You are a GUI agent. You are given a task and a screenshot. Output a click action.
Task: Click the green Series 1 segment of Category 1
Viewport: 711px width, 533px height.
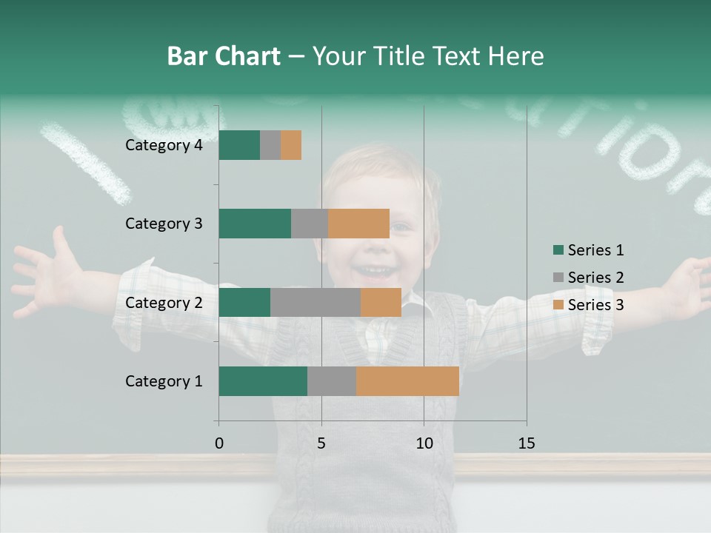coord(263,381)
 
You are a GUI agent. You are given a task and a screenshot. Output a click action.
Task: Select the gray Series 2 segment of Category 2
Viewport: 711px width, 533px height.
coord(316,302)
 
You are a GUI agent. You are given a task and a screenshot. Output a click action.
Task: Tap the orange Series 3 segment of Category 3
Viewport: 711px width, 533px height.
coord(358,224)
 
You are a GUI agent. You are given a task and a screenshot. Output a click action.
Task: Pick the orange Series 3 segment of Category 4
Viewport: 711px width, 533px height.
coord(291,145)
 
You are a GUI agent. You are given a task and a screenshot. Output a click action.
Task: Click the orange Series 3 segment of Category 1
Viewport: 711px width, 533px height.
coord(407,381)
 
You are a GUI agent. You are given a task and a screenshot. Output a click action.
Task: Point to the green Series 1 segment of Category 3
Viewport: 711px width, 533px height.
coord(255,224)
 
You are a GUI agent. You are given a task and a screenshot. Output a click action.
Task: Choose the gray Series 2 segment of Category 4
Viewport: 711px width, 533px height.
coord(270,145)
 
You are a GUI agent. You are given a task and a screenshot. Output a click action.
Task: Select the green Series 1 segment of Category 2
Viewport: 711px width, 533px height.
coord(244,302)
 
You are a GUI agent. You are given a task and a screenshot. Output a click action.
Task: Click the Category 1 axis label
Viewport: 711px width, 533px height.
coord(164,381)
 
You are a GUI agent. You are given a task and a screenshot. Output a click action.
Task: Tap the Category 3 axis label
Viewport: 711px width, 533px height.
coord(164,224)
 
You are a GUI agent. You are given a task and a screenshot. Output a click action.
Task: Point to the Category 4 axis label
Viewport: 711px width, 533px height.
coord(164,145)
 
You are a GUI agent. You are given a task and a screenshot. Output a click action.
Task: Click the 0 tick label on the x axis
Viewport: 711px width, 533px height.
coord(219,443)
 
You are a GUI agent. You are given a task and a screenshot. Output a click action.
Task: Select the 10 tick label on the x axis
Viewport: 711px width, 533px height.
coord(424,443)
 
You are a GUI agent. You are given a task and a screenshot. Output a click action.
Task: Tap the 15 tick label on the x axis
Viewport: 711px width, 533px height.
coord(527,443)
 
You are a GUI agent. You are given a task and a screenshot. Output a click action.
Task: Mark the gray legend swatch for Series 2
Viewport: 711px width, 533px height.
coord(558,278)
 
